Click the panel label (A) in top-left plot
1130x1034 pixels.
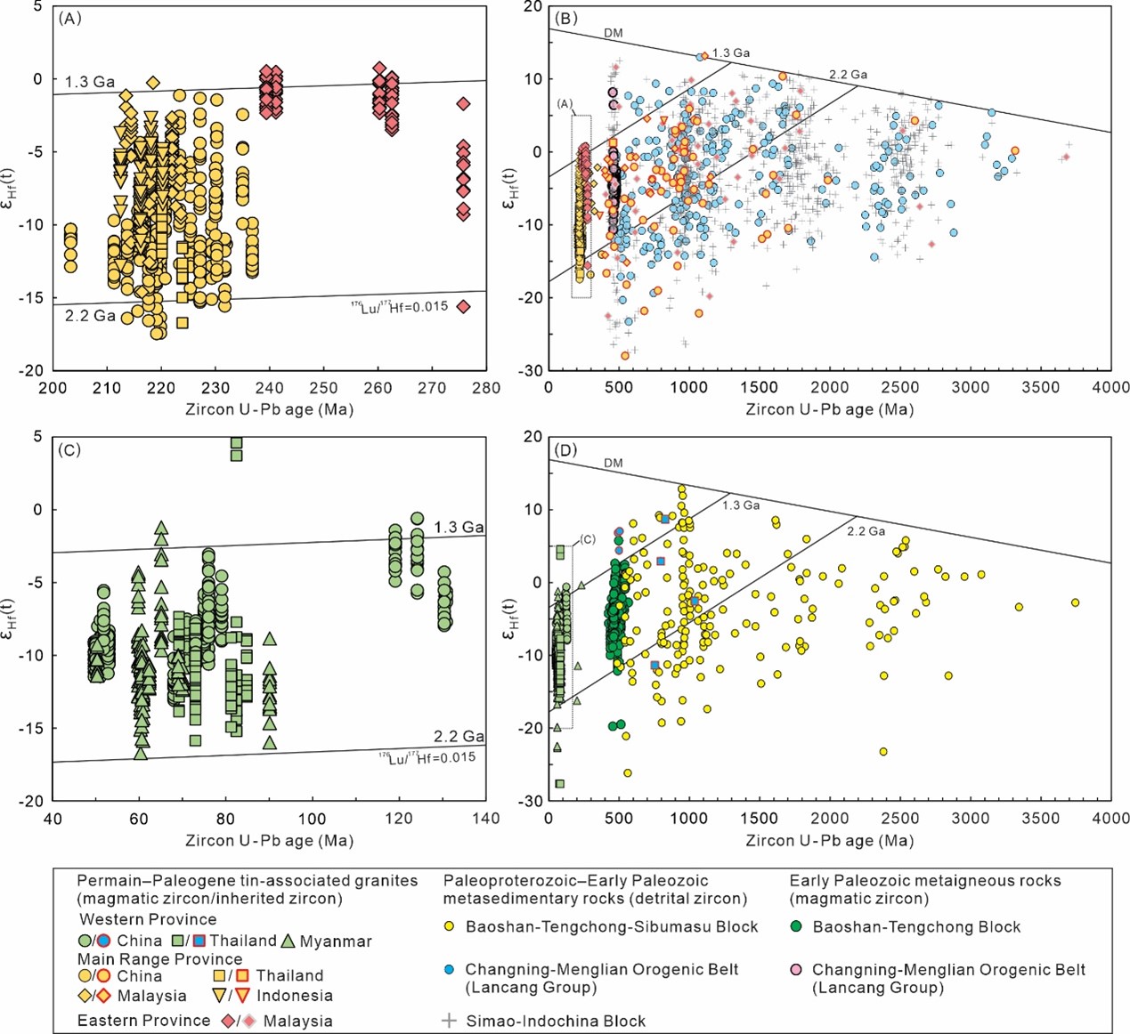(x=69, y=18)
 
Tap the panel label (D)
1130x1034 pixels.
(x=565, y=450)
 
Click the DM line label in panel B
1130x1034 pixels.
(x=614, y=33)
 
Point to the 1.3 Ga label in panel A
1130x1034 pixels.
(x=90, y=82)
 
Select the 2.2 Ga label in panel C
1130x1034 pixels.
(x=459, y=736)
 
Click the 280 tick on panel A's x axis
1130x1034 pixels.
(x=486, y=388)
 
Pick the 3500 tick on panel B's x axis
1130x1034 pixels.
(x=1040, y=388)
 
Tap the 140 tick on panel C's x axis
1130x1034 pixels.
(x=486, y=819)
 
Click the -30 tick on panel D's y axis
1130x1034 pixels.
(x=532, y=801)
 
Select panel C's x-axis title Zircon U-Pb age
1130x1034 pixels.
(x=269, y=840)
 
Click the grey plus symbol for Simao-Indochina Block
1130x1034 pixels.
(x=450, y=1021)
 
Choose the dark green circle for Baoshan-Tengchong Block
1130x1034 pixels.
(x=796, y=926)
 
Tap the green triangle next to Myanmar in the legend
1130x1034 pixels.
(x=288, y=941)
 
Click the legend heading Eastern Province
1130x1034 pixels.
(x=143, y=1021)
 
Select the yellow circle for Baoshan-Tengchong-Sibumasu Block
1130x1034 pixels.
(x=450, y=926)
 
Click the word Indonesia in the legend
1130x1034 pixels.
(x=294, y=996)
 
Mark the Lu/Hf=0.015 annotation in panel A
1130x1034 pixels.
(x=399, y=308)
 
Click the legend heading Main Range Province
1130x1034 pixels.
(x=159, y=959)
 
